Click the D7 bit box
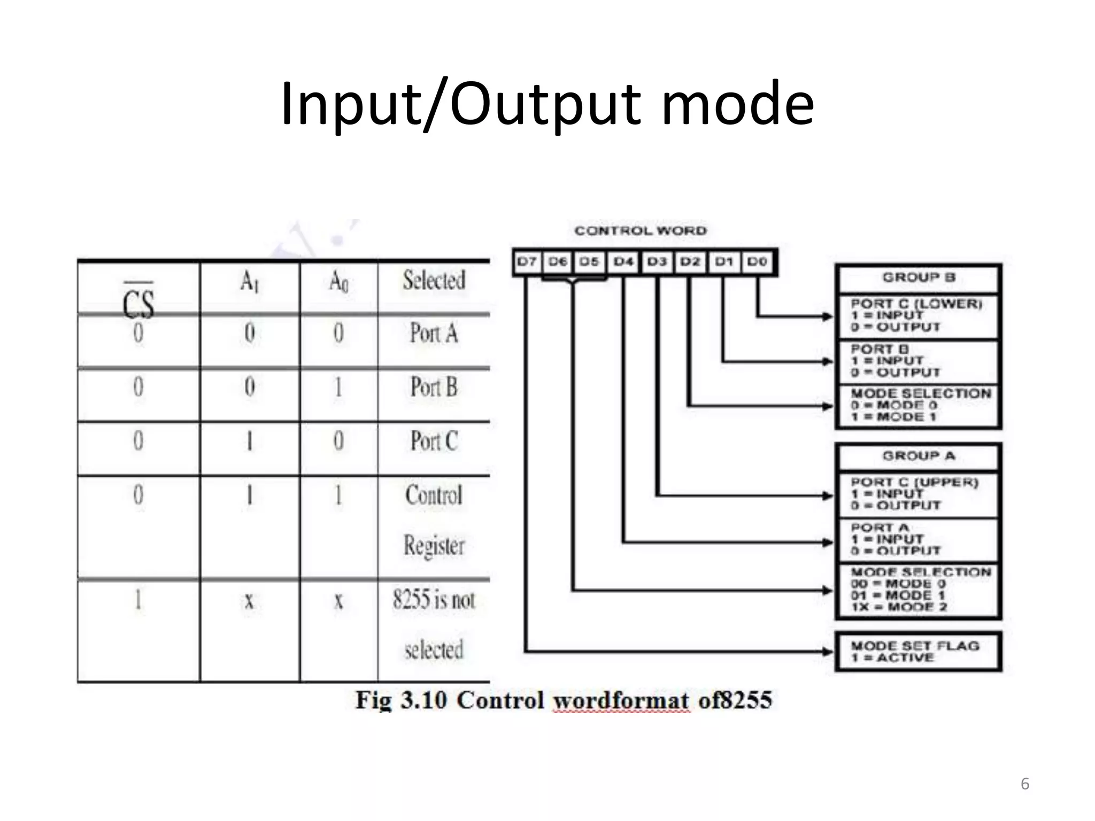(527, 262)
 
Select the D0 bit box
(757, 262)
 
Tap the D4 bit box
(623, 262)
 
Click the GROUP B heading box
(918, 277)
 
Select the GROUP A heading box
(918, 456)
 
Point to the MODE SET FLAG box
(918, 652)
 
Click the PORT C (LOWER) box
(918, 315)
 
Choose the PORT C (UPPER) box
(918, 494)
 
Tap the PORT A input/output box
(918, 539)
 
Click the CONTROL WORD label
(641, 231)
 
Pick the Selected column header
(434, 281)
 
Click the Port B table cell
(434, 388)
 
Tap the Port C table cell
(434, 442)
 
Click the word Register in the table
(434, 546)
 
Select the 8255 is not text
(434, 599)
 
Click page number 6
(1024, 784)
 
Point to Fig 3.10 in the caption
(401, 700)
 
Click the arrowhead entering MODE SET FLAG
(828, 652)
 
